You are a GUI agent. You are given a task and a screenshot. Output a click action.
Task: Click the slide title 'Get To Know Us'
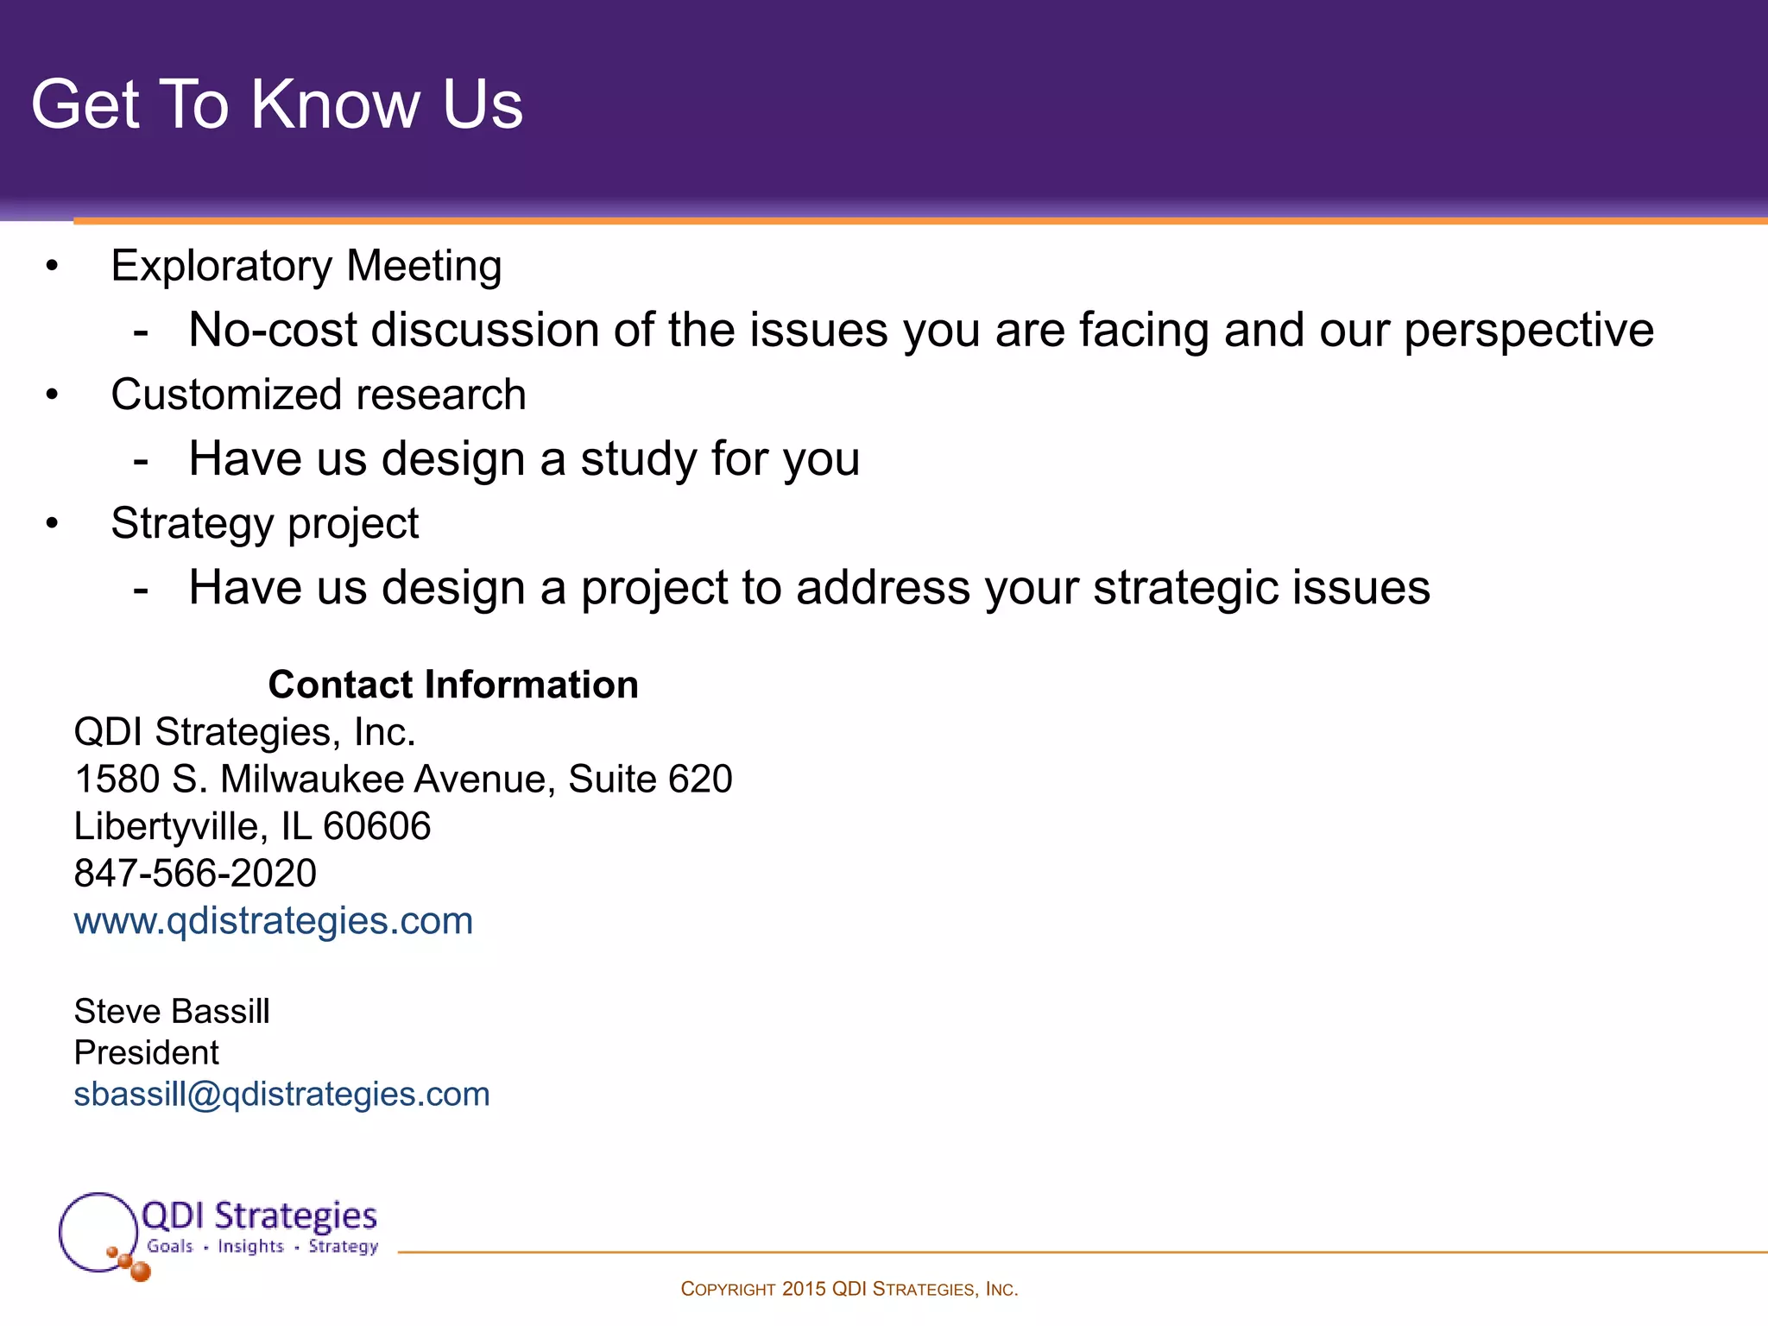tap(276, 104)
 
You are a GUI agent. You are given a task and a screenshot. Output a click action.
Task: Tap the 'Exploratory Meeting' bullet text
tap(306, 266)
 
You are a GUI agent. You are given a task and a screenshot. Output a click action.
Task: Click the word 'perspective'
tap(1528, 331)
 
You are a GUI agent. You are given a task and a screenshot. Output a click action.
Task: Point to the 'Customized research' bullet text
tap(318, 395)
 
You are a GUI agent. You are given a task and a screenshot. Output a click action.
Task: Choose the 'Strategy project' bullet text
tap(264, 524)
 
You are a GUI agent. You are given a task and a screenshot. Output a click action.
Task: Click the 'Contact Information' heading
tap(453, 685)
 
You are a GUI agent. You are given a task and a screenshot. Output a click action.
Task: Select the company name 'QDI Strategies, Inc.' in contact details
tap(244, 732)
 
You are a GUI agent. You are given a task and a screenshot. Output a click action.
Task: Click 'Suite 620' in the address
tap(650, 780)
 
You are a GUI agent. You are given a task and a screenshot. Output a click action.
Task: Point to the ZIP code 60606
tap(376, 826)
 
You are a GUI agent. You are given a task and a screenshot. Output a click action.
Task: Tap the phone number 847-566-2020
tap(195, 874)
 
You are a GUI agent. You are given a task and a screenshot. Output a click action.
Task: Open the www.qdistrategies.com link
tap(273, 921)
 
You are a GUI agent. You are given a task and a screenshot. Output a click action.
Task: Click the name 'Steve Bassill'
tap(172, 1011)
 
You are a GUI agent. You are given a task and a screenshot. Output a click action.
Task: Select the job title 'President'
tap(146, 1052)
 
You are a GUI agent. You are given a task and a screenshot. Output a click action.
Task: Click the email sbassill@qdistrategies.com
tap(281, 1095)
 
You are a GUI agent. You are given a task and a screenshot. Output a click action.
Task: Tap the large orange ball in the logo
tap(140, 1271)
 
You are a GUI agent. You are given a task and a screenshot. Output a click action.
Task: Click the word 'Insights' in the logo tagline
tap(250, 1246)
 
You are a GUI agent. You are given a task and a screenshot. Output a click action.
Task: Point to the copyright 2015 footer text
tap(849, 1289)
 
